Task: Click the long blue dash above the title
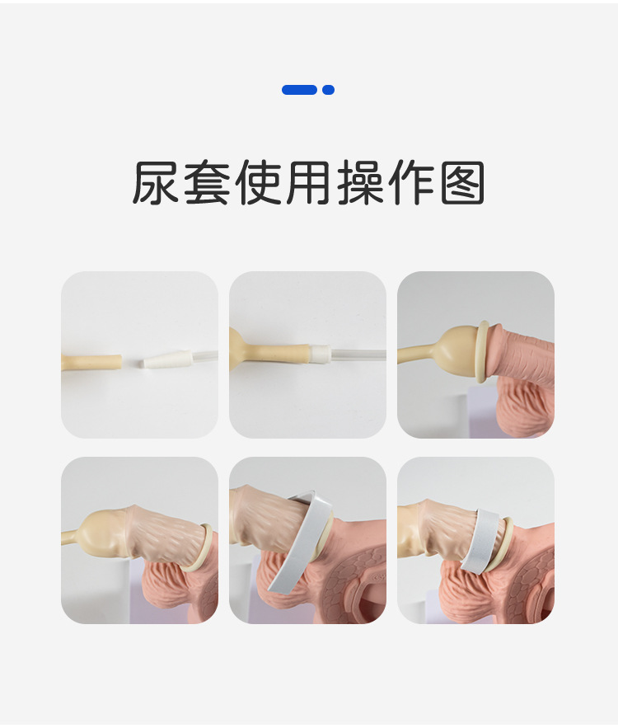(x=299, y=90)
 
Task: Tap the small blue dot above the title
(x=329, y=90)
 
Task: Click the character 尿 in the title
(x=156, y=182)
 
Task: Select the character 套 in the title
(x=207, y=182)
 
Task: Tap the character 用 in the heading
(x=308, y=182)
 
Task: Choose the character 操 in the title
(x=360, y=182)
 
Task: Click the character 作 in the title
(x=411, y=182)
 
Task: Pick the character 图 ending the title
(x=462, y=182)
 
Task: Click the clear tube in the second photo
(x=358, y=355)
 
